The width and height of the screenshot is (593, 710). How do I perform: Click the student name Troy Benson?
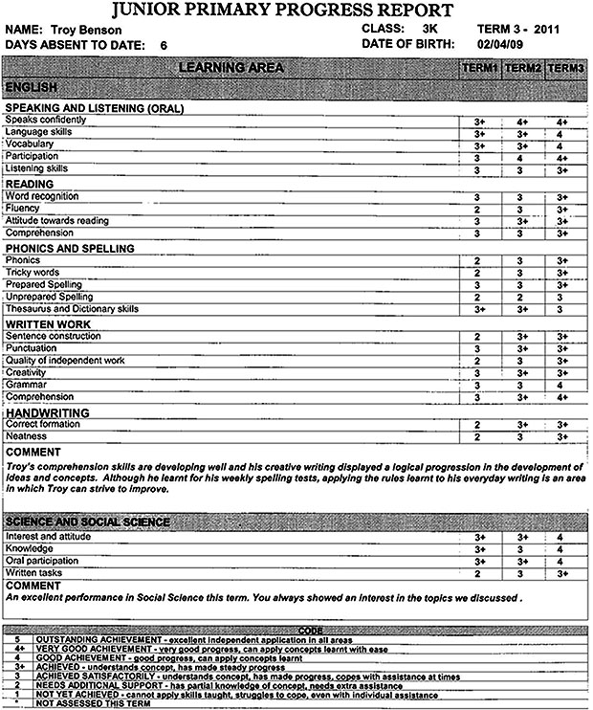(80, 30)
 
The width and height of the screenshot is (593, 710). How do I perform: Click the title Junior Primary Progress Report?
(296, 11)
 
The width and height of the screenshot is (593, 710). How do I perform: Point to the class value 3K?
(429, 30)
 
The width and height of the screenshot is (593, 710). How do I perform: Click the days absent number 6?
(164, 45)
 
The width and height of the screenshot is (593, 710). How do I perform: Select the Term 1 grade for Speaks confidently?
(480, 122)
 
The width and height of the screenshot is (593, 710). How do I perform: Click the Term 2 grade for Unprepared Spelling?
(522, 298)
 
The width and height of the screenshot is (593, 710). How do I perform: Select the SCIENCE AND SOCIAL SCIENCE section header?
(88, 521)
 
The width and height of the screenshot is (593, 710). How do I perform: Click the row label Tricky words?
(33, 273)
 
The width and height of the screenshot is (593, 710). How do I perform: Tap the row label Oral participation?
(43, 561)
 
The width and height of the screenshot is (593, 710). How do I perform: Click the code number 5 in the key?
(18, 639)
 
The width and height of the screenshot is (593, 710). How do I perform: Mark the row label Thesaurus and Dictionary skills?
(72, 309)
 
